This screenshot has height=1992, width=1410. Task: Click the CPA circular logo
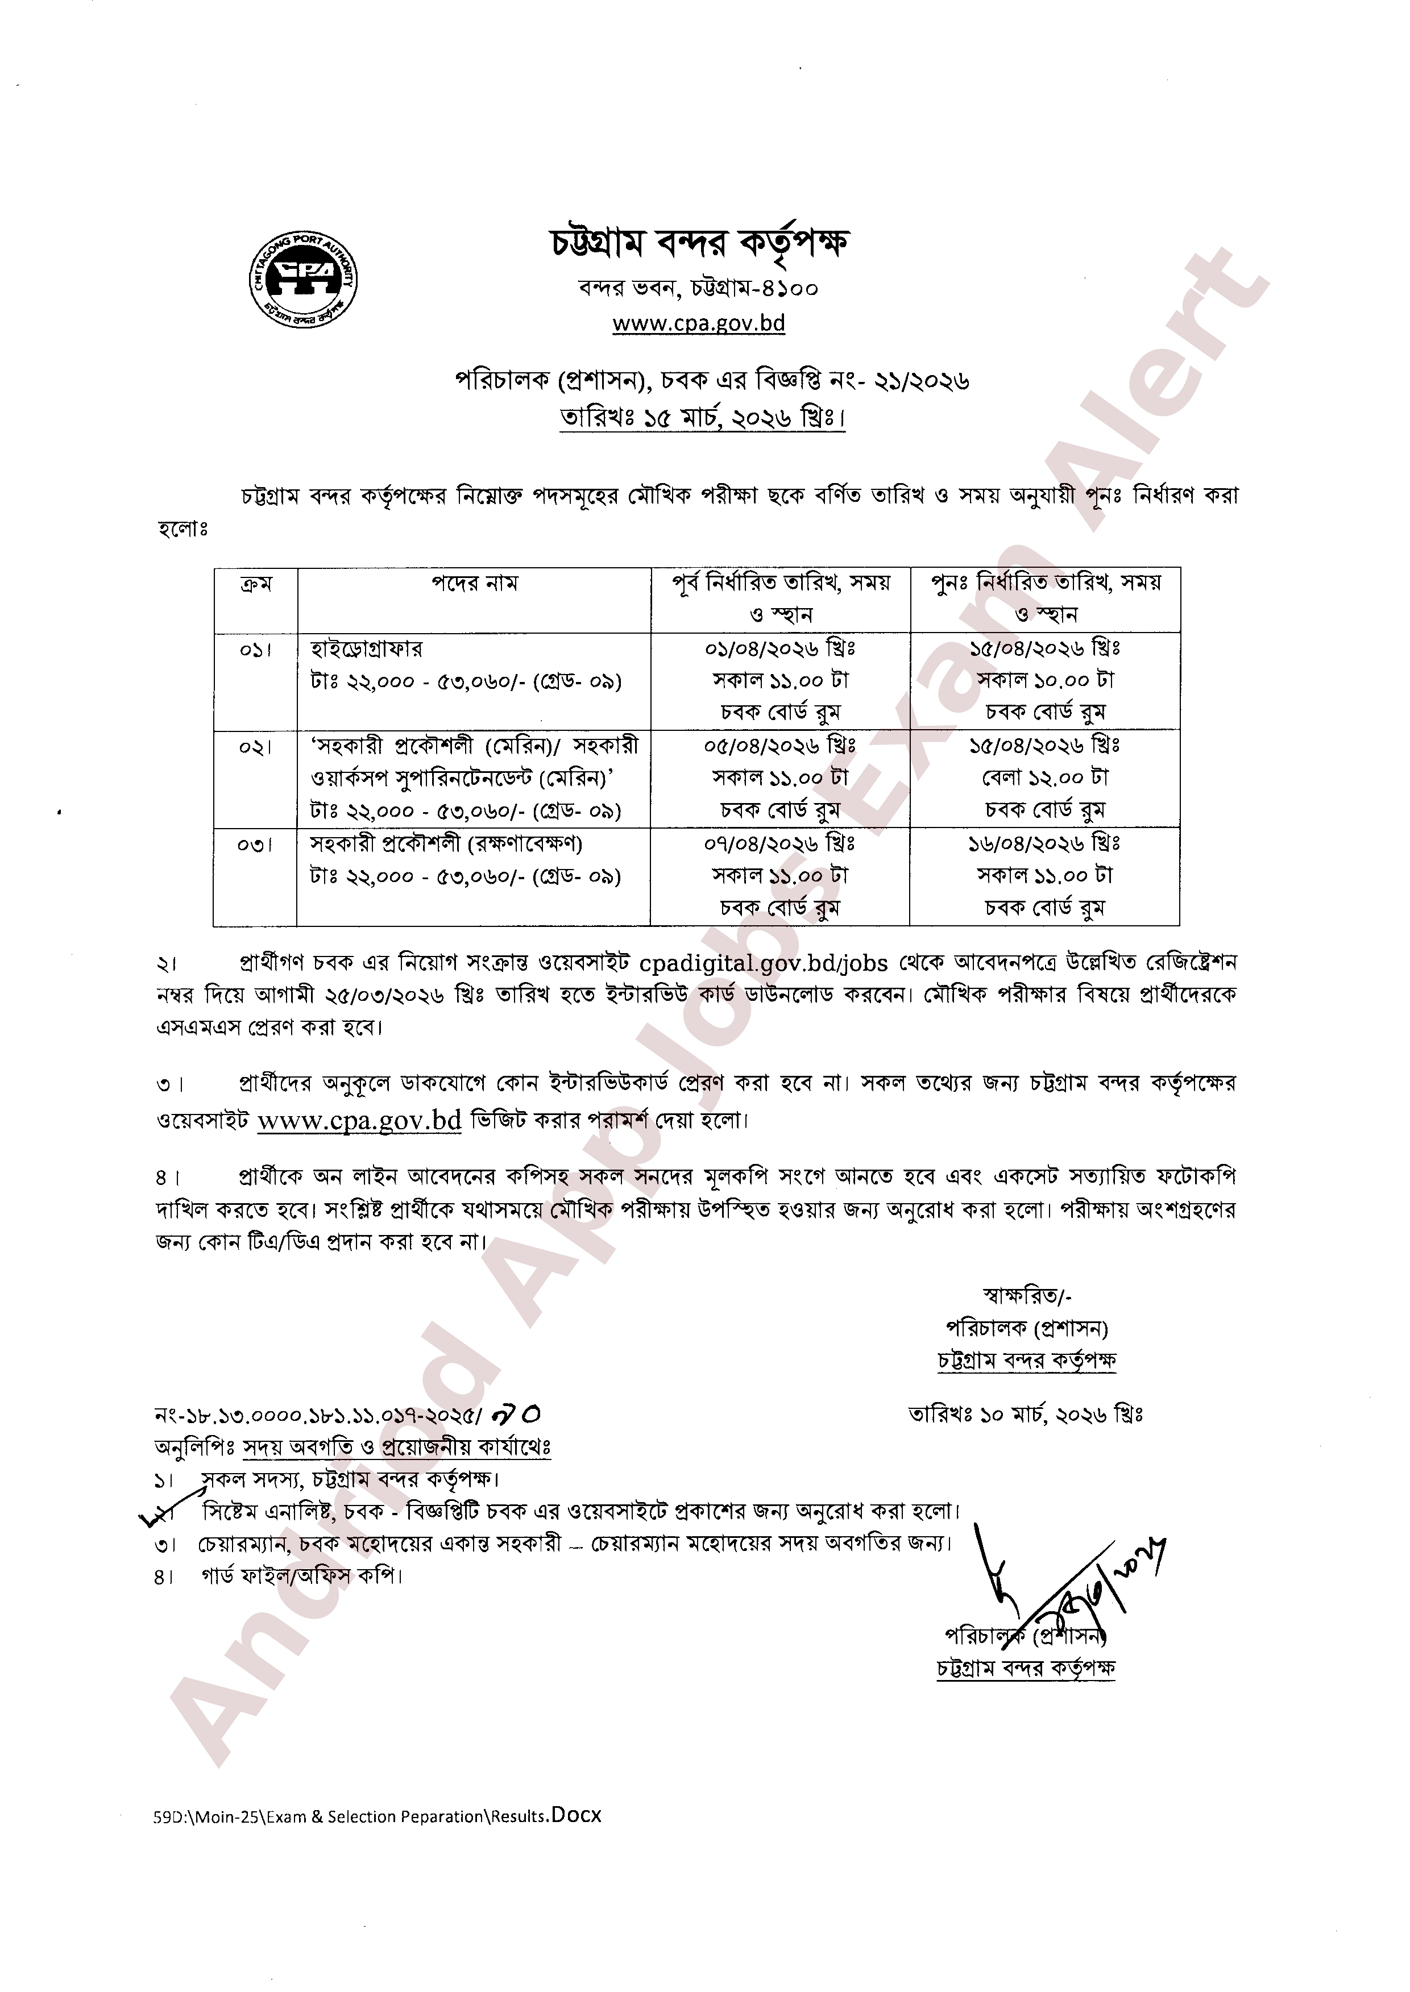click(304, 278)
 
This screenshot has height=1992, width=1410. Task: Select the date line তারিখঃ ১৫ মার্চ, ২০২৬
click(702, 419)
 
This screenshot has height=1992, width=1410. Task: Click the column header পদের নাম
click(474, 583)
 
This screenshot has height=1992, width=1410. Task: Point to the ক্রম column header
click(255, 583)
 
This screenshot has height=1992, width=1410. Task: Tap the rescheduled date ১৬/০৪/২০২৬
click(1044, 843)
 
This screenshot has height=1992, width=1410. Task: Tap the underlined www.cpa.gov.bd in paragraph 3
click(359, 1121)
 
